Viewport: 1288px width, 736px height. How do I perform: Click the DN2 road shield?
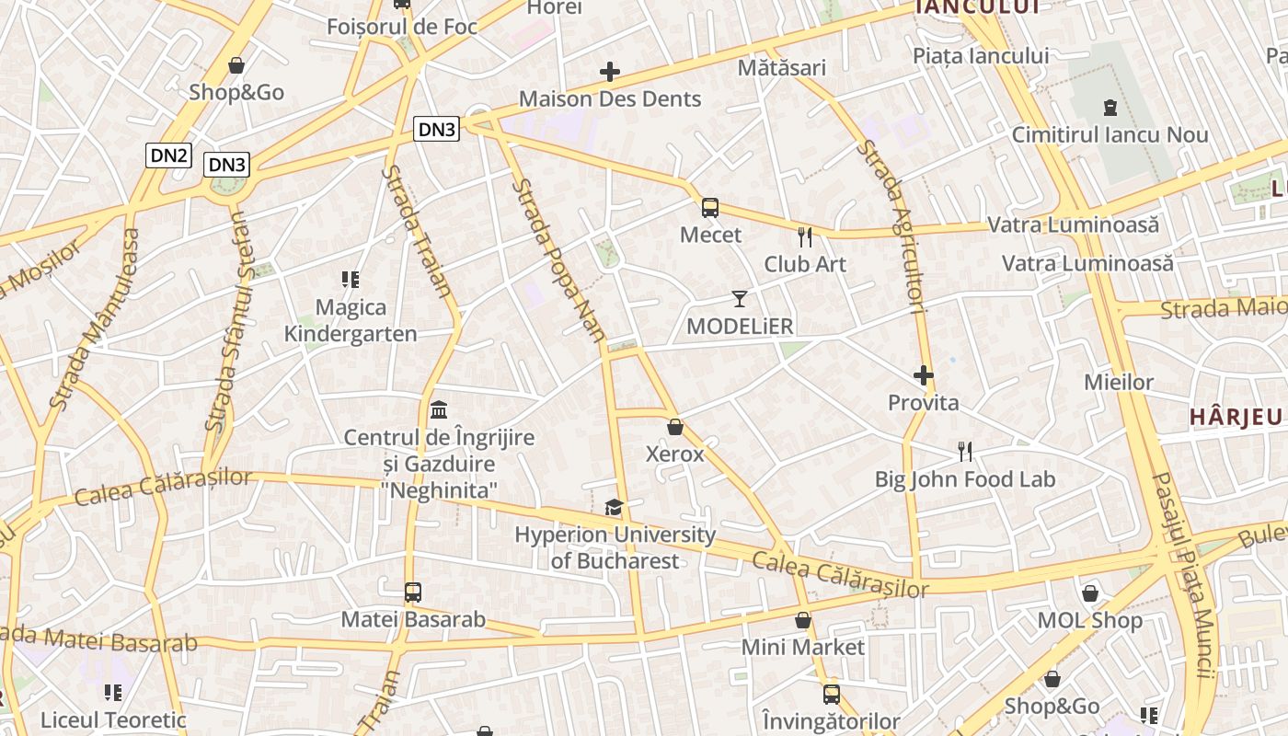click(x=168, y=155)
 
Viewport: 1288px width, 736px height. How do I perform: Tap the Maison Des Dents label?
click(x=610, y=99)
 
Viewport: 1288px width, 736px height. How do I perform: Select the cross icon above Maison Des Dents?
click(x=610, y=72)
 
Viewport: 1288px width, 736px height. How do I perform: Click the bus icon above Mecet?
click(x=710, y=208)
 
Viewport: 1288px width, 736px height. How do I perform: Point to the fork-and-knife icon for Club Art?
click(x=805, y=237)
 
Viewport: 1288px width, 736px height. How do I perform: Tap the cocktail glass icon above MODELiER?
click(x=740, y=298)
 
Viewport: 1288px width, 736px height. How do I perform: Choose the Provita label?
click(x=923, y=403)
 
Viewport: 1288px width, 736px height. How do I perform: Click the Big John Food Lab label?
click(x=964, y=479)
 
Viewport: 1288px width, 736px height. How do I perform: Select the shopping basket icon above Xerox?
click(x=675, y=427)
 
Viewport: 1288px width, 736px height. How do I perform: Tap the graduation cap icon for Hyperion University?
click(x=614, y=507)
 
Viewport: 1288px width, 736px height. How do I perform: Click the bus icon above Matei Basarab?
click(x=413, y=592)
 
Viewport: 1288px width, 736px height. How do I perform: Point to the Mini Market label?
click(x=803, y=648)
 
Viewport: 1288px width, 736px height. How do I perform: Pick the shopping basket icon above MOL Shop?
click(x=1090, y=593)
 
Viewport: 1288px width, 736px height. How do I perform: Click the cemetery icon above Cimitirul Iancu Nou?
click(x=1110, y=108)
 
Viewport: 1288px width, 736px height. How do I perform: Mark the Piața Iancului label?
click(x=980, y=56)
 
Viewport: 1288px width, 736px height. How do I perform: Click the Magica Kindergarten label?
click(x=350, y=320)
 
